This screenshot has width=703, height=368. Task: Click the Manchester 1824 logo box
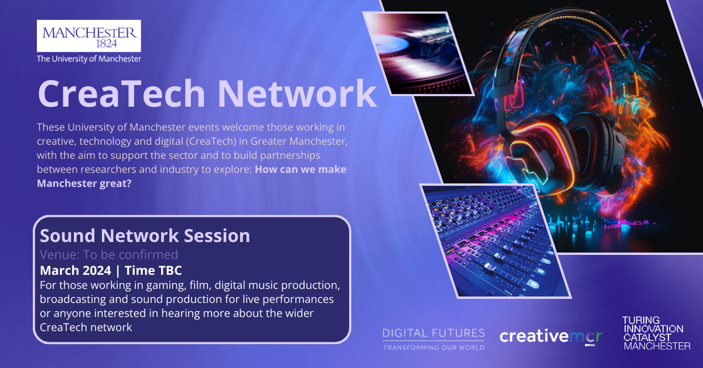pos(89,36)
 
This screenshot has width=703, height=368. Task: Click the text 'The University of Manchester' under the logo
pos(89,59)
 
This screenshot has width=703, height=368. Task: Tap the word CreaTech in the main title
pos(121,94)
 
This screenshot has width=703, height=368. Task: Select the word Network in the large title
pos(297,94)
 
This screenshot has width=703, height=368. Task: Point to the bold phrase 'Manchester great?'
pos(84,183)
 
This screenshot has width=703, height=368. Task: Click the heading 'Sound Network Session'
pos(145,236)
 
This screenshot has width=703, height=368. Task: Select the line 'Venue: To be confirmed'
pos(109,255)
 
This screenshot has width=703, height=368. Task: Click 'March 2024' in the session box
pos(76,271)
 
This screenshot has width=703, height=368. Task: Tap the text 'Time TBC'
pos(153,271)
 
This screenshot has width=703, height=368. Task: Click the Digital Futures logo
pos(434,339)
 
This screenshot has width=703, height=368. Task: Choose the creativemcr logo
pos(551,337)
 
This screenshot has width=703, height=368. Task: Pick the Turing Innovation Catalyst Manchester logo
pos(656,333)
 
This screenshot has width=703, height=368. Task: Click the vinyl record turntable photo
pos(418,53)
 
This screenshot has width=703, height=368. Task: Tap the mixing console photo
pos(495,240)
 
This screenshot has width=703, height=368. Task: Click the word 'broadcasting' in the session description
pos(73,299)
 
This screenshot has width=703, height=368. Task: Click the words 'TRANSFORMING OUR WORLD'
pos(434,347)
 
